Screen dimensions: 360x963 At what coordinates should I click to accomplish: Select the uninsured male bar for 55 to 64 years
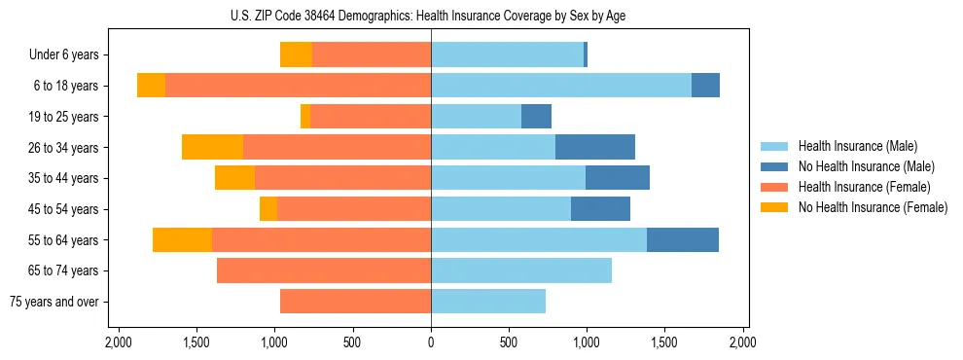(x=683, y=239)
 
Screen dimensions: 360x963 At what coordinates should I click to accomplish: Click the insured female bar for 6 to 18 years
(x=298, y=86)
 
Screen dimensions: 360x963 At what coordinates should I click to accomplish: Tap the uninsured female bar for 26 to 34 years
(x=212, y=147)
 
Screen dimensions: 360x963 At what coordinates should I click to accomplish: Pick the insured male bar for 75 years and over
(x=488, y=302)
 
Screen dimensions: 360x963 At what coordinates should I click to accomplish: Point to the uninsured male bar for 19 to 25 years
(x=536, y=117)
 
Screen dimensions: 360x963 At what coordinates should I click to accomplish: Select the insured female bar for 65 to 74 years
(x=324, y=270)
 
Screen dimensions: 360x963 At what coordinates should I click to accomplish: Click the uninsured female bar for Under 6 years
(x=296, y=55)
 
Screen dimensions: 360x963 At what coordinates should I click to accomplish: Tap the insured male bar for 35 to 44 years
(x=508, y=178)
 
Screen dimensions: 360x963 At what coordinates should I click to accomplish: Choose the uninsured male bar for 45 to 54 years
(x=600, y=209)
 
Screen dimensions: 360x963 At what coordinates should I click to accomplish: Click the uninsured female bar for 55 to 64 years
(x=182, y=239)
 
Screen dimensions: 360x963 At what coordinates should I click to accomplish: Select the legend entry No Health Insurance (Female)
(x=873, y=207)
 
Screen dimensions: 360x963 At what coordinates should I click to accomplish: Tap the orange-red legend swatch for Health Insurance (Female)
(x=775, y=187)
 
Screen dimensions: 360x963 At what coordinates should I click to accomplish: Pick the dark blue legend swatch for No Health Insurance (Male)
(x=775, y=167)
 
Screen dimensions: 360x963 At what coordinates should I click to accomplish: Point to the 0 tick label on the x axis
(x=431, y=343)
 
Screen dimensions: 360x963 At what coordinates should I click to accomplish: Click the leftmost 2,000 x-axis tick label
(x=119, y=343)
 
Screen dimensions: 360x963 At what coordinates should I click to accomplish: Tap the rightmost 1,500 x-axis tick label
(x=664, y=343)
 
